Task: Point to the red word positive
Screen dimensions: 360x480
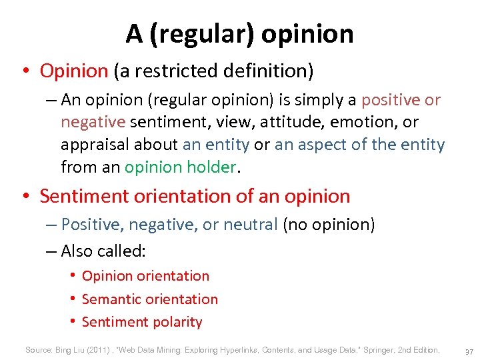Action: pyautogui.click(x=391, y=100)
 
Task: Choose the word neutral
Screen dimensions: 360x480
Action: pyautogui.click(x=249, y=225)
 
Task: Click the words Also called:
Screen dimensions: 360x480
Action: pyautogui.click(x=103, y=251)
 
